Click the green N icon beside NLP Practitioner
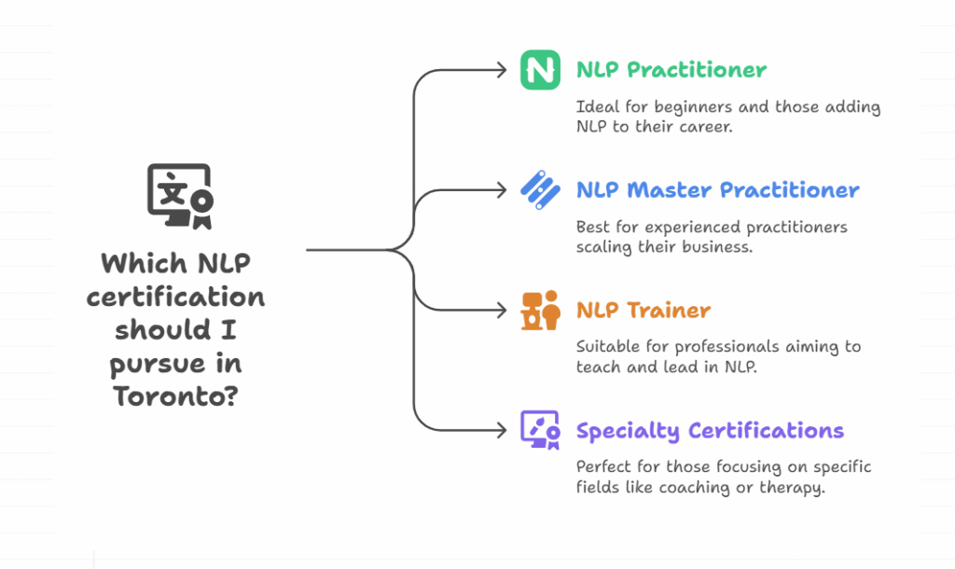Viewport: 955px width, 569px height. coord(540,70)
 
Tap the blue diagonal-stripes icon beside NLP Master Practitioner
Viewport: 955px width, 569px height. coord(540,190)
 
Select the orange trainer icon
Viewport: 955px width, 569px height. coord(540,311)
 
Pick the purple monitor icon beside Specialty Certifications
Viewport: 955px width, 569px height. coord(540,430)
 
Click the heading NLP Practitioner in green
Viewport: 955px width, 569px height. coord(671,70)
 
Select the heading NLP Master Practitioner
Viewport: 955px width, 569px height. coord(717,190)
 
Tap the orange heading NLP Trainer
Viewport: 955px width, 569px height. coord(644,311)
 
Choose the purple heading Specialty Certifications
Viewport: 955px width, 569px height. coord(710,431)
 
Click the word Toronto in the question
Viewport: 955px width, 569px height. coord(170,396)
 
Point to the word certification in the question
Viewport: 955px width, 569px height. coord(175,298)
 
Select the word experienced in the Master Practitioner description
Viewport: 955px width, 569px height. coord(666,227)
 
